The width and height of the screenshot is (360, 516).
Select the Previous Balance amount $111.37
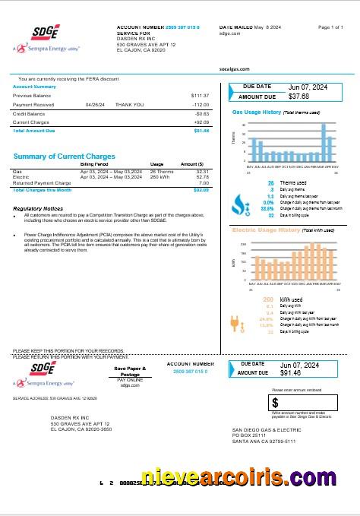(x=200, y=95)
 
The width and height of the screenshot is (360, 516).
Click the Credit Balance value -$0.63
(x=201, y=112)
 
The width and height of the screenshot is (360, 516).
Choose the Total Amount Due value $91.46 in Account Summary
(x=201, y=131)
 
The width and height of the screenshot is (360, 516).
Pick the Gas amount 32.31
(x=202, y=172)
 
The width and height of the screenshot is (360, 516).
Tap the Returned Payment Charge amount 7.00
(x=204, y=182)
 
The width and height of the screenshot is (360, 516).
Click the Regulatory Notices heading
(x=39, y=207)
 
